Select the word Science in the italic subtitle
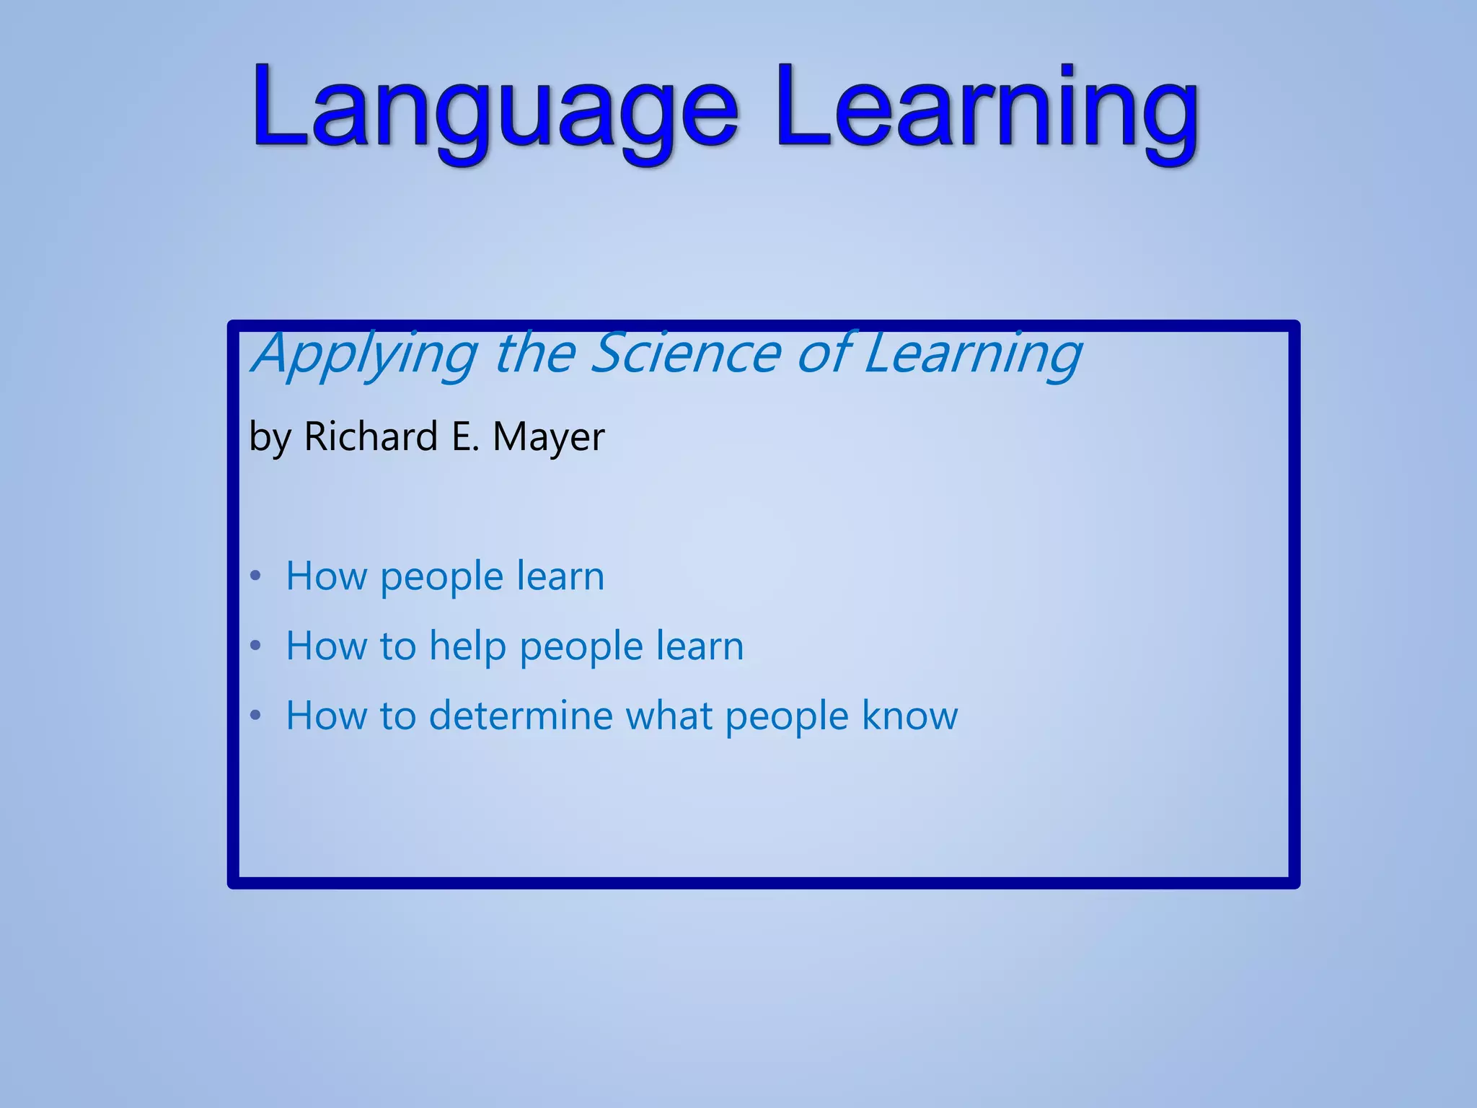686,353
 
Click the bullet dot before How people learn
255,576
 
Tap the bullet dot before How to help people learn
255,646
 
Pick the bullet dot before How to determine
255,716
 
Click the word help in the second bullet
467,646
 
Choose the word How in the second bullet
326,646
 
